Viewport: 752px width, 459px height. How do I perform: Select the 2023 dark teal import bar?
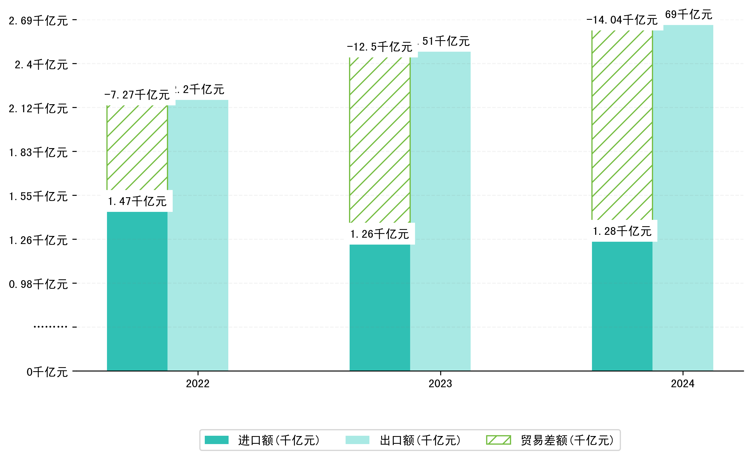379,307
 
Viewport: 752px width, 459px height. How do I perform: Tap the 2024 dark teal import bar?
622,306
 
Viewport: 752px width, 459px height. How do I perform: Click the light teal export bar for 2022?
198,235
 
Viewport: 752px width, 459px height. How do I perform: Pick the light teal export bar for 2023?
440,211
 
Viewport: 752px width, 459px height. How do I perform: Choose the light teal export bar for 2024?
683,197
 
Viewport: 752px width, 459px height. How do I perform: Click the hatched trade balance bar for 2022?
137,148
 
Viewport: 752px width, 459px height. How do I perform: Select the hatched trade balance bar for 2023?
379,140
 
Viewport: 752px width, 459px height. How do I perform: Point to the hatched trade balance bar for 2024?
622,125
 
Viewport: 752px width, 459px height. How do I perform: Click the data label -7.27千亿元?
137,95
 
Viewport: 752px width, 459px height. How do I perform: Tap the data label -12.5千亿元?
379,47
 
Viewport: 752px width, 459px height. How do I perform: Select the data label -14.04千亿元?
622,20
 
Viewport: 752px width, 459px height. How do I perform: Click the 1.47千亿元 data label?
137,201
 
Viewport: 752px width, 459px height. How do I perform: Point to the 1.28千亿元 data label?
622,231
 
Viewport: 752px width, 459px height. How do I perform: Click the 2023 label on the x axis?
440,384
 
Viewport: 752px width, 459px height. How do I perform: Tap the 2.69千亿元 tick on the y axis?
38,21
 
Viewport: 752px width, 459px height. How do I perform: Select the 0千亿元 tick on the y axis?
47,372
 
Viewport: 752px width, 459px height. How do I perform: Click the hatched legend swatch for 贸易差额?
498,440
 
